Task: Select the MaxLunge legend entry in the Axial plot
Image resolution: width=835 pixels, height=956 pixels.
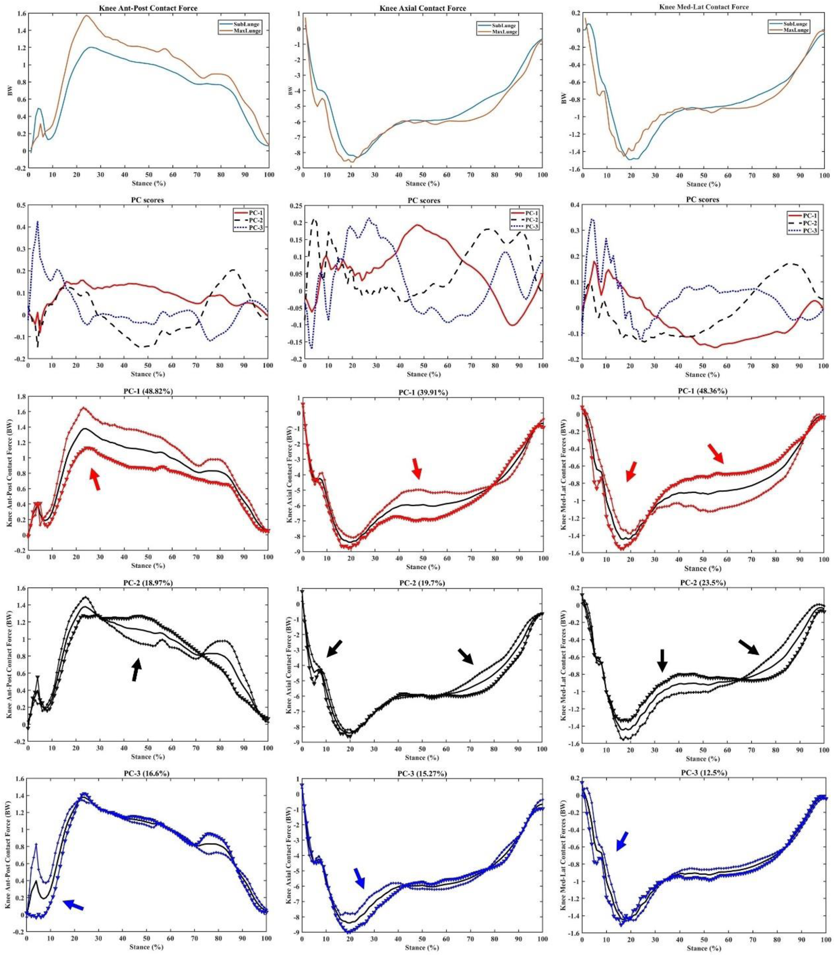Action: [505, 32]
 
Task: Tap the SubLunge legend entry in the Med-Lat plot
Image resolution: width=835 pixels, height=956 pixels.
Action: [796, 24]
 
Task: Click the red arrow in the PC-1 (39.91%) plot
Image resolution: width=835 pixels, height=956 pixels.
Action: [417, 468]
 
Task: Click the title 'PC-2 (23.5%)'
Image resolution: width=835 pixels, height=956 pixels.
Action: [703, 583]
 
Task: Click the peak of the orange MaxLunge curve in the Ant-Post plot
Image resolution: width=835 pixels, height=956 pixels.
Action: [87, 15]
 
